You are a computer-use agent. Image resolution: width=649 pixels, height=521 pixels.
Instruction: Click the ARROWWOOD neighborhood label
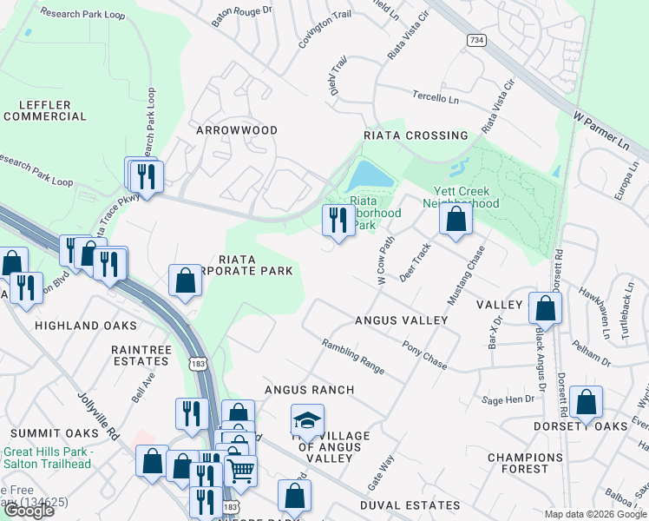(236, 130)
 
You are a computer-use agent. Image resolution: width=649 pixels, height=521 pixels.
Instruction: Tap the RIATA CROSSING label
(416, 135)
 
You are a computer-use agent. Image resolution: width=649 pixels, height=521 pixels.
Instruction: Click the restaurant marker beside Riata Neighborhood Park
(338, 221)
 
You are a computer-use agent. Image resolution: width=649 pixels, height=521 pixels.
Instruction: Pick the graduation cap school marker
(306, 420)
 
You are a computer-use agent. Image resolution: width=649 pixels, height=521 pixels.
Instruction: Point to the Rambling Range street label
(353, 356)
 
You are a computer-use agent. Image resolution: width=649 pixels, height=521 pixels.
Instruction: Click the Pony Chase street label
(424, 354)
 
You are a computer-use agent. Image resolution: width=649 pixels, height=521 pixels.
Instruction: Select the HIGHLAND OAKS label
(85, 326)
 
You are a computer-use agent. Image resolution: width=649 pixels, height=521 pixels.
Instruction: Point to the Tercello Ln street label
(436, 98)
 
